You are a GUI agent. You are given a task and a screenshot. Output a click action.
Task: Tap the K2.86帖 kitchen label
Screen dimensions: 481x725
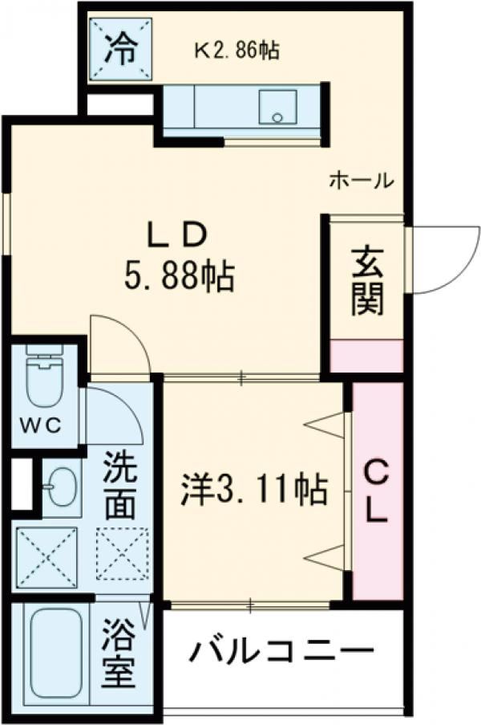coord(236,50)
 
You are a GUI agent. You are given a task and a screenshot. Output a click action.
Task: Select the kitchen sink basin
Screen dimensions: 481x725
coord(277,107)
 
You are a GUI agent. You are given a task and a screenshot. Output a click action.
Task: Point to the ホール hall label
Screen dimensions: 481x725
coord(361,181)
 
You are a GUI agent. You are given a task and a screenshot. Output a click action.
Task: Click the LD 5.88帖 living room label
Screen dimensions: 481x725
coord(178,258)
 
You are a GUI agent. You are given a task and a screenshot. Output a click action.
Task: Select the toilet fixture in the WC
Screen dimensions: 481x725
coord(45,377)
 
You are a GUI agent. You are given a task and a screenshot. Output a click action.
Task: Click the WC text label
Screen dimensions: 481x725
coord(40,426)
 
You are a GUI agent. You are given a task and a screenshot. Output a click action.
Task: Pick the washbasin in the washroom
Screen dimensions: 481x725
coord(63,487)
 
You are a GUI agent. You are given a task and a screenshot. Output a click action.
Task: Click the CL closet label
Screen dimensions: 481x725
coord(377,492)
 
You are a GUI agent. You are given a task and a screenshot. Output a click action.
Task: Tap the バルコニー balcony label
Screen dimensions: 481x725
coord(282,652)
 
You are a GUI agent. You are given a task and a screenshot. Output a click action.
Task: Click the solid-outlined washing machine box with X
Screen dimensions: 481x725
coord(47,559)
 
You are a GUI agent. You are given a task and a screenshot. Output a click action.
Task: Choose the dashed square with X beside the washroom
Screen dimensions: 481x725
coord(123,554)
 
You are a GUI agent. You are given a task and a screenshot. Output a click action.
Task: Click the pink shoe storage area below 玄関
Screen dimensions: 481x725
coord(367,356)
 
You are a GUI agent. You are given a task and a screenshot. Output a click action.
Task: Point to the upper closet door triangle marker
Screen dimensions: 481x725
coord(325,425)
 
